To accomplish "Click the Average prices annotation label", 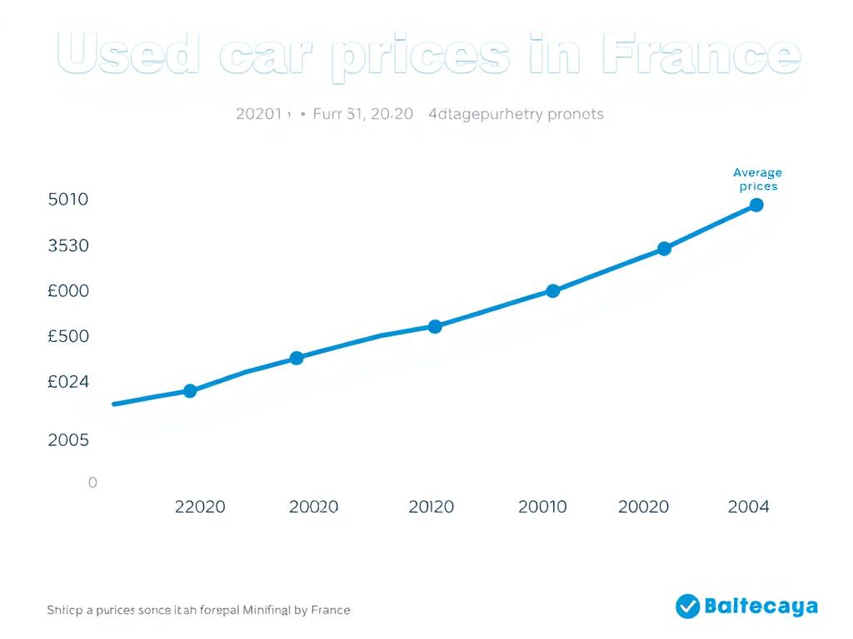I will (757, 179).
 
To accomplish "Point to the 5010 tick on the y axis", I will (68, 200).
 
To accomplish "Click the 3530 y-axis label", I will (68, 245).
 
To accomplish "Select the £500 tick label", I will (68, 336).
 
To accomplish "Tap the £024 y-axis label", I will (68, 382).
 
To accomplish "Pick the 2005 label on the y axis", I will (68, 439).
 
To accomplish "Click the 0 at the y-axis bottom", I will (92, 483).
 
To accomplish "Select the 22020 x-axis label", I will (200, 507).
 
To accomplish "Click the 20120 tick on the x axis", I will (431, 507).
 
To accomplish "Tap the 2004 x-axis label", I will (748, 507).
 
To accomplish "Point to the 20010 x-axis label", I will (542, 507).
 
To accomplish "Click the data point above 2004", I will (756, 205).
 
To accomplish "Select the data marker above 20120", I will (435, 326).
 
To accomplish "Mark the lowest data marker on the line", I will (190, 390).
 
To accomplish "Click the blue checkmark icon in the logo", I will (687, 607).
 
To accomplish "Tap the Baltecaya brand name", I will (761, 607).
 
